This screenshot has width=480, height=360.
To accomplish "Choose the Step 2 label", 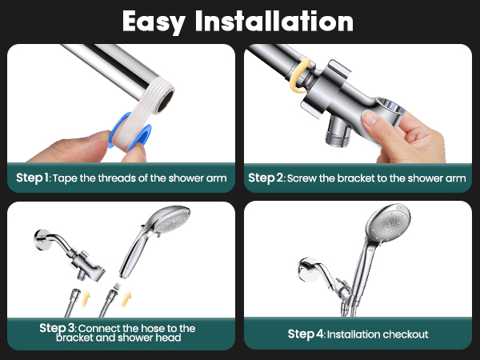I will click(x=265, y=178).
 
